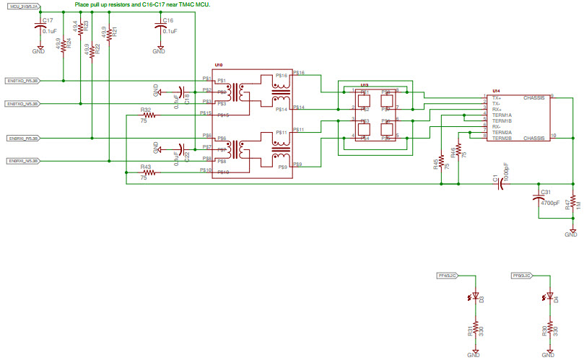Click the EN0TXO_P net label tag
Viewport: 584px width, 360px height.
[22, 81]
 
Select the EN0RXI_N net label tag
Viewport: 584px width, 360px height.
[22, 160]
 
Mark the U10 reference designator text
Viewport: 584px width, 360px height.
[219, 65]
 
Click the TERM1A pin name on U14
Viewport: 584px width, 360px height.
[502, 115]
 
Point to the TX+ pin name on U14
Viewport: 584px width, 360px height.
[496, 97]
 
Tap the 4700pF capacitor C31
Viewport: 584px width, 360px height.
[537, 198]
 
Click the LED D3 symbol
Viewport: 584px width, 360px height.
[473, 298]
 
